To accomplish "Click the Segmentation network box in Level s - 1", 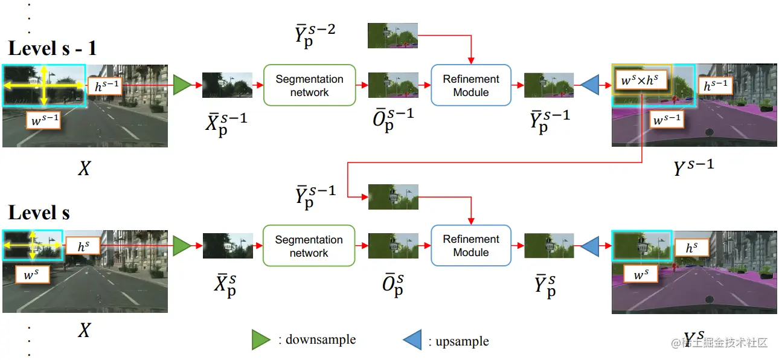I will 309,86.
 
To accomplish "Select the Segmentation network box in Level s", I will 309,246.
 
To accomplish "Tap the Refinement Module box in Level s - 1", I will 471,86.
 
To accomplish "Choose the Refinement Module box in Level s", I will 471,246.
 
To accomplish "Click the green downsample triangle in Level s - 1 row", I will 181,86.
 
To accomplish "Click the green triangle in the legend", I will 261,340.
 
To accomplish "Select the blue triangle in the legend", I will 412,340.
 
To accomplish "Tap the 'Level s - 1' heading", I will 53,48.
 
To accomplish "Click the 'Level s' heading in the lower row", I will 39,213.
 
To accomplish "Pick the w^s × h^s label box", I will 641,79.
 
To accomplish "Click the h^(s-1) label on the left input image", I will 104,86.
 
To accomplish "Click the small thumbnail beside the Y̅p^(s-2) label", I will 393,36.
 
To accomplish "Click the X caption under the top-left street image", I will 85,169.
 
